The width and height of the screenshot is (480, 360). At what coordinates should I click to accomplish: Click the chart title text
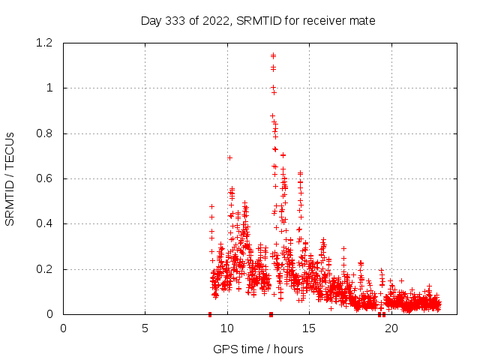coord(258,20)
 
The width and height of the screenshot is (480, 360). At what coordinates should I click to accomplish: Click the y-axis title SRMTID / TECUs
coord(10,178)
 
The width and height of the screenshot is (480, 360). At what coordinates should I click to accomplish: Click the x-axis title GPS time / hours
coord(258,349)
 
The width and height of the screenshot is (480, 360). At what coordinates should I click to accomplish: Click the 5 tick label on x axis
coord(145,328)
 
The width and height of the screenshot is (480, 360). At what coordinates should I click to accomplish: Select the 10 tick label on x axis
coord(227,328)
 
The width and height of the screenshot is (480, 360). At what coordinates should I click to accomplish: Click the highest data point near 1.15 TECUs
coord(273,55)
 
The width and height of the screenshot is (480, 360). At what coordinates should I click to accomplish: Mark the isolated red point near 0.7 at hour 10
coord(229,157)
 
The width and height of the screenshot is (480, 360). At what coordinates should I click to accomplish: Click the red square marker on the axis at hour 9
coord(210,314)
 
